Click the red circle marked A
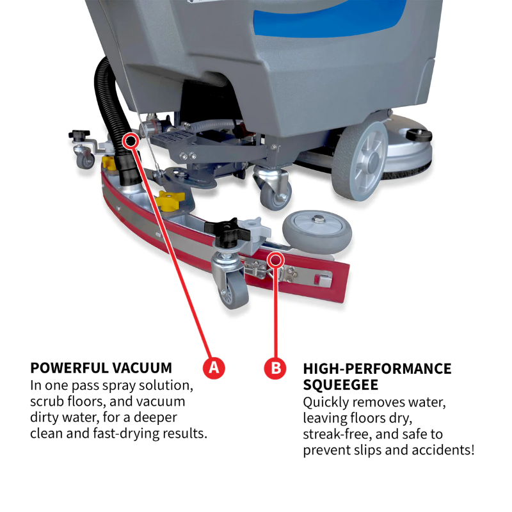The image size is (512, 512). coord(214,368)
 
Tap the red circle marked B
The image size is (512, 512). coord(275,368)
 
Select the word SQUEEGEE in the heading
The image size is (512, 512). coord(340,385)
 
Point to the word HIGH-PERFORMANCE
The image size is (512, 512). coord(377,369)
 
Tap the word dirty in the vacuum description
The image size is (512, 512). coord(48,418)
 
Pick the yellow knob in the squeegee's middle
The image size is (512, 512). coord(171,200)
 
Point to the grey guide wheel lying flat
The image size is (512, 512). coord(317,231)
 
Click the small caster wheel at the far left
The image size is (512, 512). coord(85,159)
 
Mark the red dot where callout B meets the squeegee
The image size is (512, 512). coord(275,259)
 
